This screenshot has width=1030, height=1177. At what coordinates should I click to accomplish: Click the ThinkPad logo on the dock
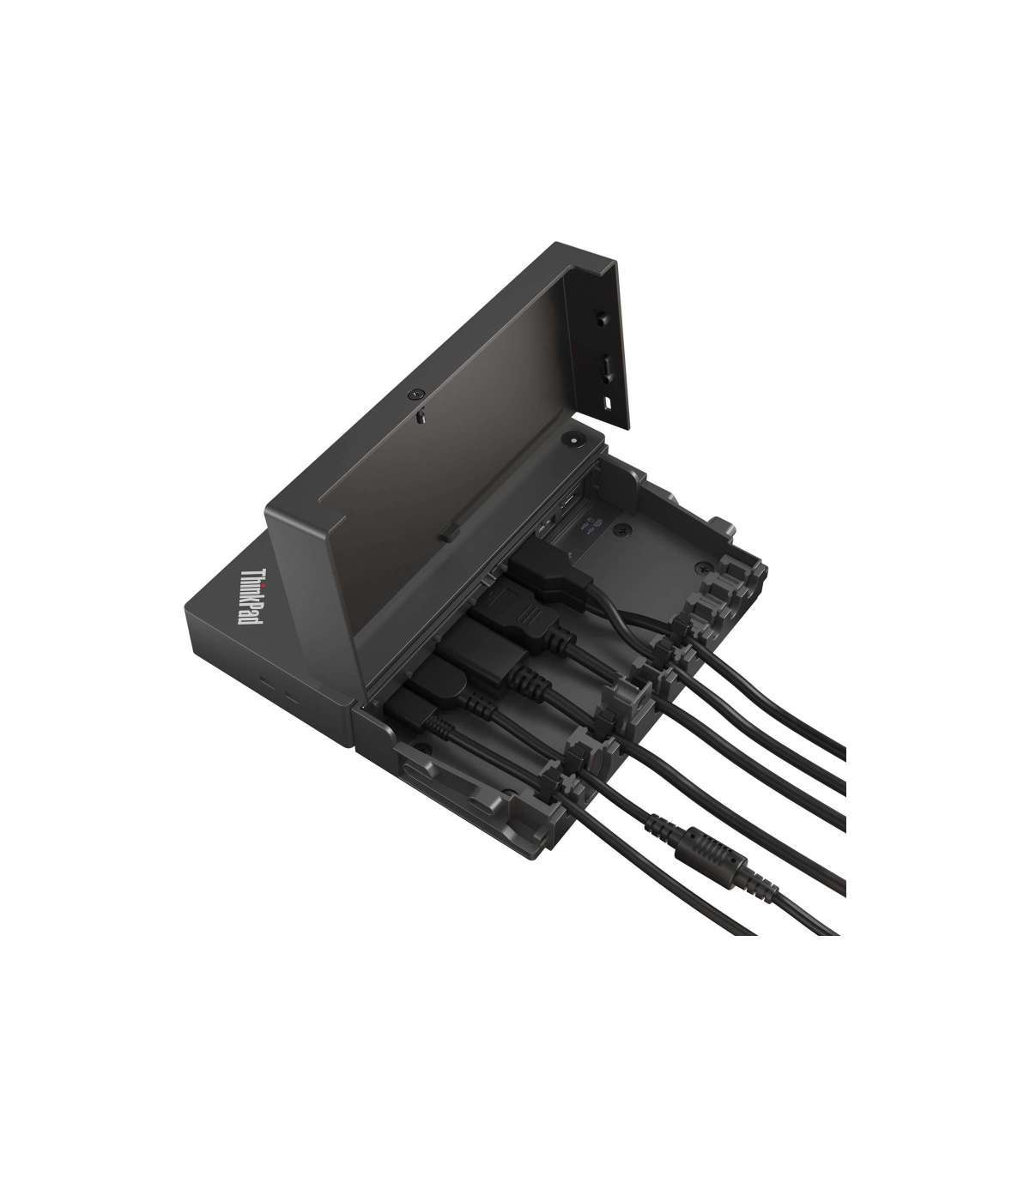pyautogui.click(x=252, y=605)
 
